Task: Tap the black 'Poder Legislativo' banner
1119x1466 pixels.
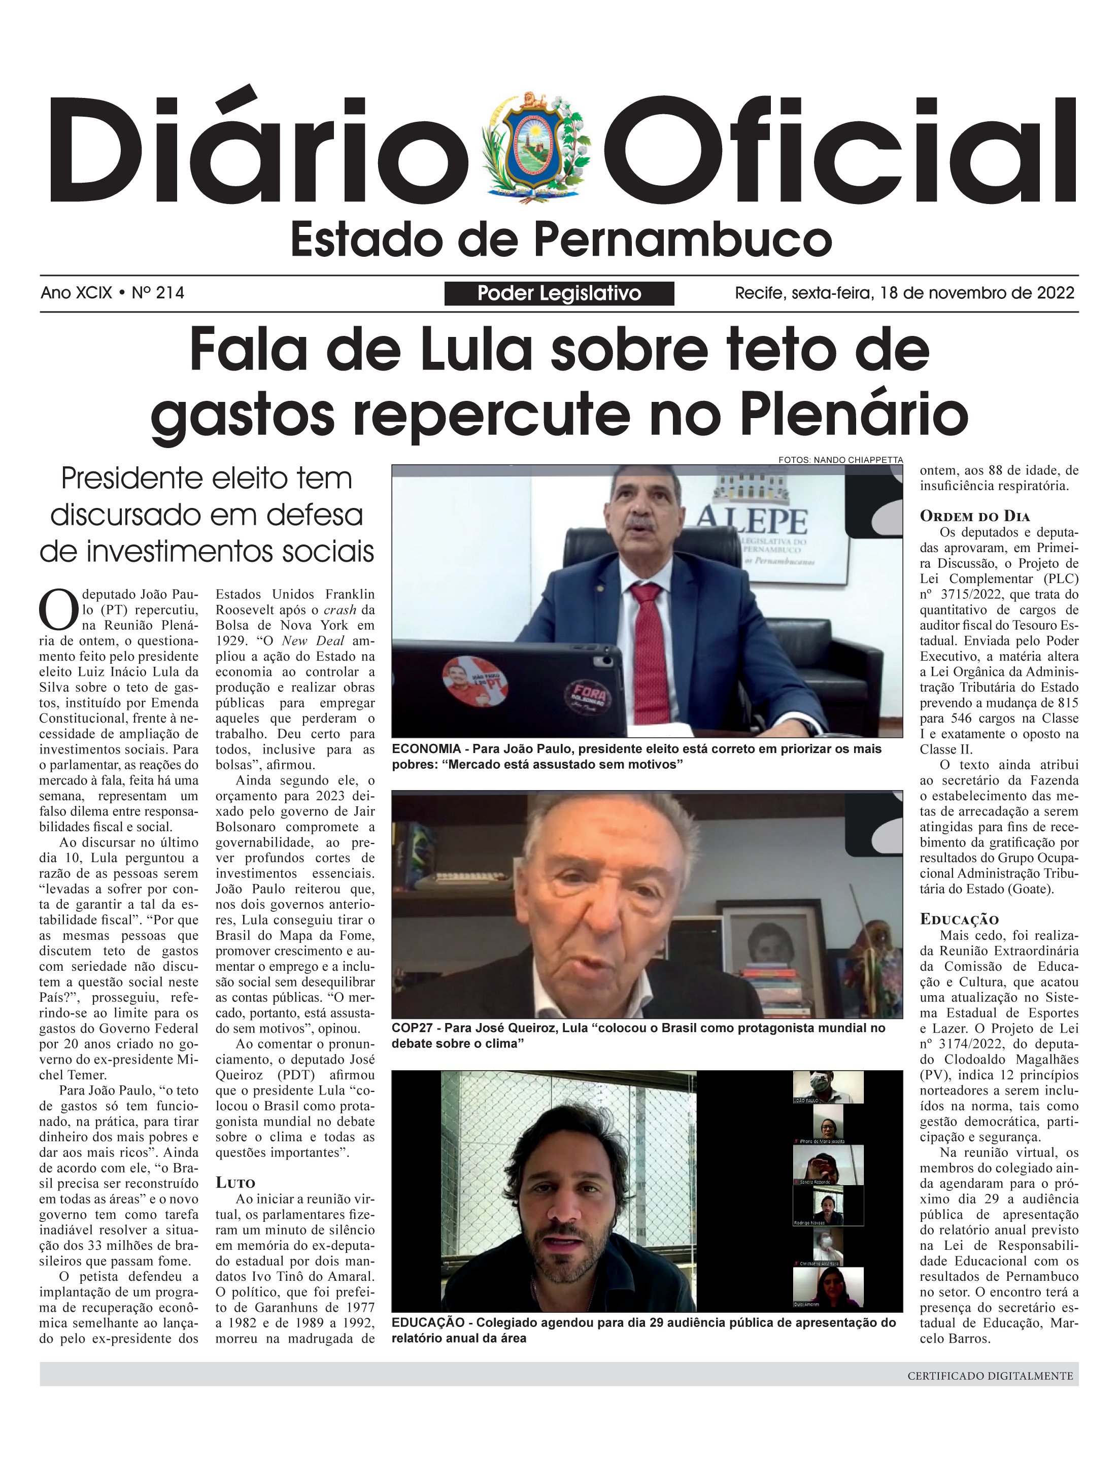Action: pos(559,293)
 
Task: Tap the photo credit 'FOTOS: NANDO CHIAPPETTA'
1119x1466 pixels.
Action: pos(840,460)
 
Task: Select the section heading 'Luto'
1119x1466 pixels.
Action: pos(235,1182)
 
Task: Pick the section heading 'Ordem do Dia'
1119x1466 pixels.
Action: pos(974,516)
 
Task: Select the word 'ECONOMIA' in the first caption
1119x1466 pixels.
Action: pos(426,748)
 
